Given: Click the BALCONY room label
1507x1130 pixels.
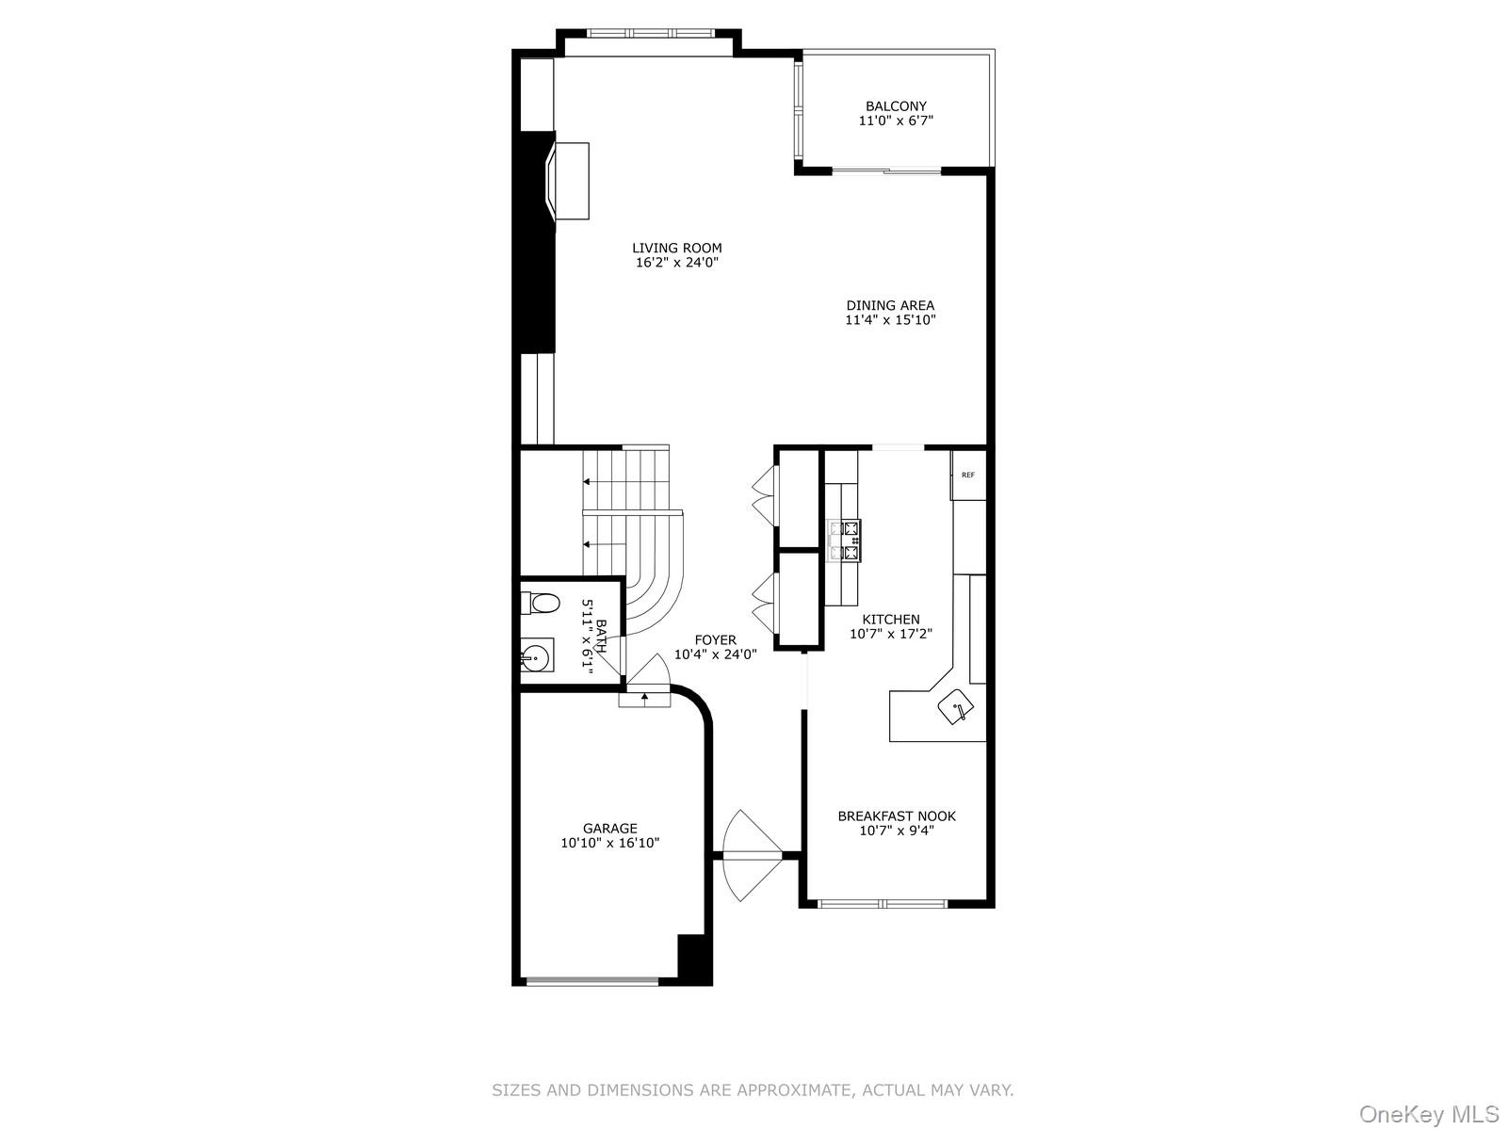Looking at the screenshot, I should [896, 106].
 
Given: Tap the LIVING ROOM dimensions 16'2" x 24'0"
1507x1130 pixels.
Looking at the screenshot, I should [677, 264].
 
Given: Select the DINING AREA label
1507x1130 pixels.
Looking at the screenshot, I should [890, 305].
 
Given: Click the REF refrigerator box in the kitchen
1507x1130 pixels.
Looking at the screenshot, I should [967, 475].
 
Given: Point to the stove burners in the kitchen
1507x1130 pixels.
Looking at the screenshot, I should [844, 541].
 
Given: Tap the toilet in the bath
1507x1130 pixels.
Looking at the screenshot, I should [542, 602].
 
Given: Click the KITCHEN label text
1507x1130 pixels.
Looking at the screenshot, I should [891, 620].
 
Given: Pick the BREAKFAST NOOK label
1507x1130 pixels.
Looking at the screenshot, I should [897, 816].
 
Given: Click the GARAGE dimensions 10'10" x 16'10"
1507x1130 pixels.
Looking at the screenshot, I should [609, 844].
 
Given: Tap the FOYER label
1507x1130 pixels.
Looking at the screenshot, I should [715, 640].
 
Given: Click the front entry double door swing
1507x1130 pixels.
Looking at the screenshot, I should [749, 855].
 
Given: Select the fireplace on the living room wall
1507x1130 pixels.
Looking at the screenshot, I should [566, 181].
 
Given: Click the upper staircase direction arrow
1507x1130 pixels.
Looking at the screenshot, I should [588, 481].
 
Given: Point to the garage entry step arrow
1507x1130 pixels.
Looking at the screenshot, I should [644, 698].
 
